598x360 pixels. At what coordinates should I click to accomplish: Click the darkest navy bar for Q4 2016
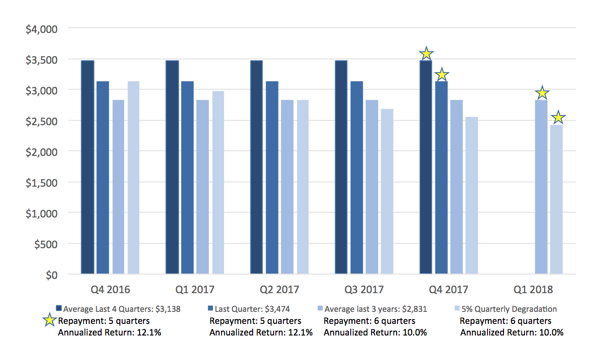pos(87,167)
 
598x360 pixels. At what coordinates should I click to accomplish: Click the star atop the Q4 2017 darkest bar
pos(426,53)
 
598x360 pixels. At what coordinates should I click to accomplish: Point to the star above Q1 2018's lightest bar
pos(558,118)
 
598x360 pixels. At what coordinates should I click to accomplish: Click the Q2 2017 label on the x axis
pos(279,290)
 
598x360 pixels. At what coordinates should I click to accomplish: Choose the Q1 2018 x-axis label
pos(533,290)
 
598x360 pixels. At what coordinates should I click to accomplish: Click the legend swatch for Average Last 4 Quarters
pos(58,308)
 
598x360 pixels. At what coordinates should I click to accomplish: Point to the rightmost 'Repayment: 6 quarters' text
pos(505,321)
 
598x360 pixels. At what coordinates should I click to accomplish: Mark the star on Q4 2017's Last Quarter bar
pos(442,74)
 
